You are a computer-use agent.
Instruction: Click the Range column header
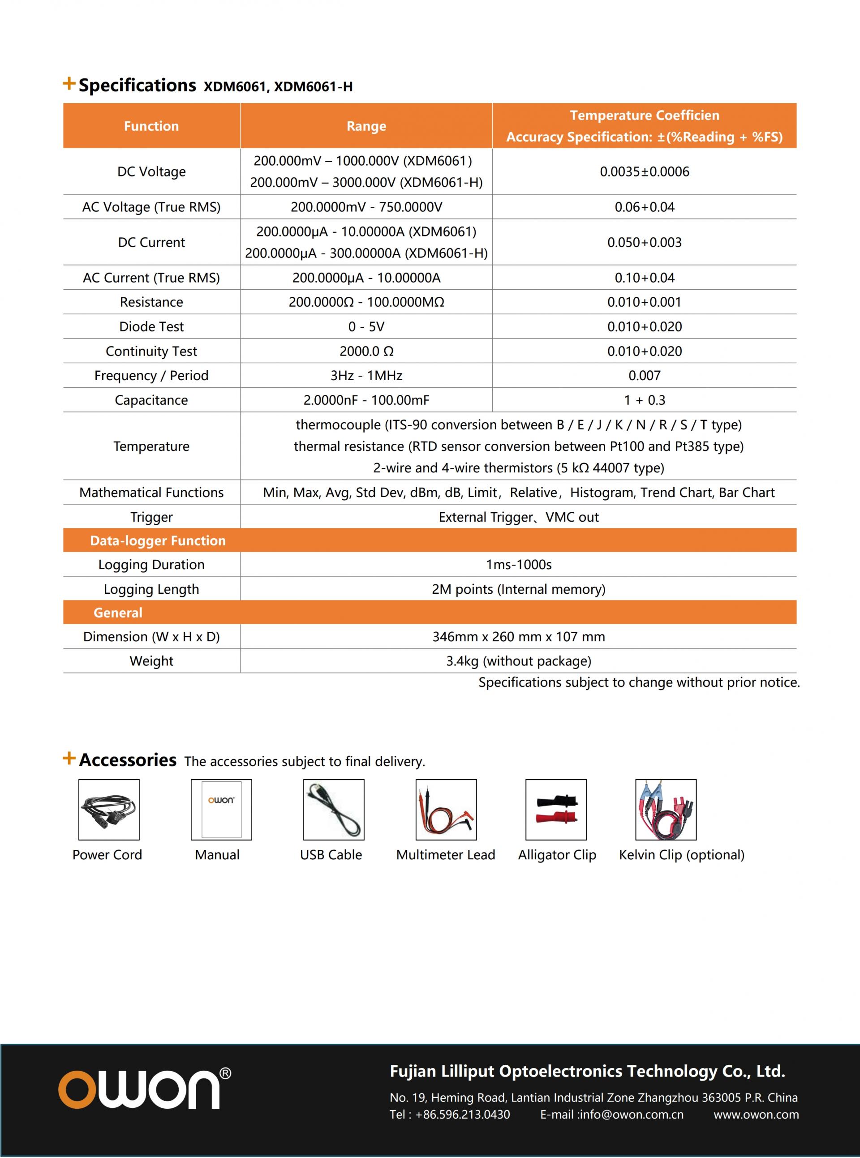366,126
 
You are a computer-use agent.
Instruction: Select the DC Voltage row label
151,172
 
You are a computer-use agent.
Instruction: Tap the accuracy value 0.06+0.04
644,207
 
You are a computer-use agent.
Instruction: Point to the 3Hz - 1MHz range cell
366,375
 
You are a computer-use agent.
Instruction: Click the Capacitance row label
151,400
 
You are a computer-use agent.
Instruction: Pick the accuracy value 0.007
644,375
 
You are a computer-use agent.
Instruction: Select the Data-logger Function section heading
158,541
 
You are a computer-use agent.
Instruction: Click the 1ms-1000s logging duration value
519,565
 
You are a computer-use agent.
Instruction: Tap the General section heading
118,613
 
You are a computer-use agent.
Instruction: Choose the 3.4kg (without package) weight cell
519,661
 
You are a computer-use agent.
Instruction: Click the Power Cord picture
109,809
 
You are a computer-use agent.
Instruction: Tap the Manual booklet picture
221,809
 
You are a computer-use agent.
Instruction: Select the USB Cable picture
334,809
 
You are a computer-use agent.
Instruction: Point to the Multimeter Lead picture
446,809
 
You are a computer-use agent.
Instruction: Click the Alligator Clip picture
556,809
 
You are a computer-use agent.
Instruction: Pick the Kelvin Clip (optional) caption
681,855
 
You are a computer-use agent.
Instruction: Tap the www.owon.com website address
756,1114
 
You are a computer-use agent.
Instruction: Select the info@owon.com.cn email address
632,1114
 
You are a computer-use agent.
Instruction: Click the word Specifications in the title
138,86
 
